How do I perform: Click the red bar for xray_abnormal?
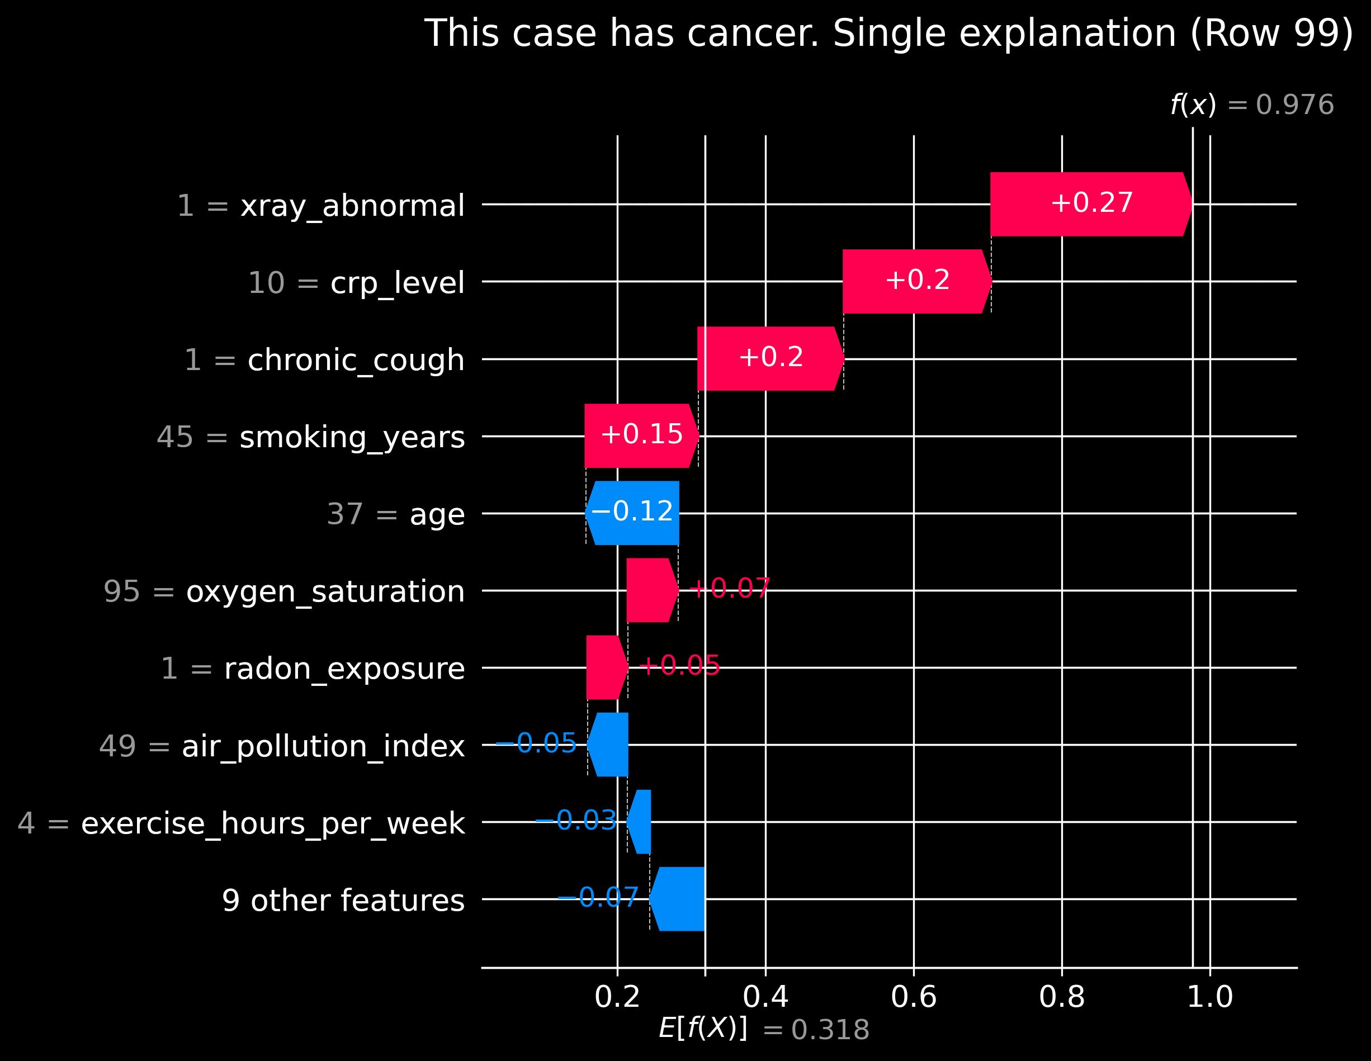tap(1090, 204)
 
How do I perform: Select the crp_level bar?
tap(916, 281)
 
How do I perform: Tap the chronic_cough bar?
tap(770, 358)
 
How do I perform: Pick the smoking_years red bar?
tap(641, 435)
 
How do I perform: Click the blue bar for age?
tap(633, 513)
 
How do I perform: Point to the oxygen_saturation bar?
tap(651, 590)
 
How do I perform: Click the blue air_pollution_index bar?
tap(608, 744)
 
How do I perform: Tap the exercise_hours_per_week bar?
tap(640, 821)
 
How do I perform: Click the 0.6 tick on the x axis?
tap(914, 997)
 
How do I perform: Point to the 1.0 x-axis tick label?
tap(1209, 997)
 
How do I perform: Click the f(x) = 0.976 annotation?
tap(1252, 105)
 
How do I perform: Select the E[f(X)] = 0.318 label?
tap(764, 1030)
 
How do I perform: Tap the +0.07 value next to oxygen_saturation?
tap(730, 589)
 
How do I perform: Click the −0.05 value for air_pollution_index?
tap(536, 743)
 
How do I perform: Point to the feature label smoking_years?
tap(352, 437)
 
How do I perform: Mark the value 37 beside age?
tap(344, 514)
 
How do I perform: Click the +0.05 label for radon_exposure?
tap(679, 666)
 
